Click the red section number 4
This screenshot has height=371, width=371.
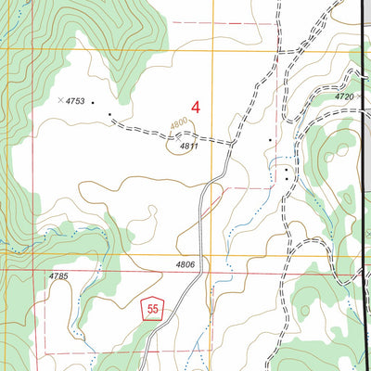tap(196, 107)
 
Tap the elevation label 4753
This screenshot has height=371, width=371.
tap(75, 101)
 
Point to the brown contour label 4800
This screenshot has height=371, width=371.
tap(178, 122)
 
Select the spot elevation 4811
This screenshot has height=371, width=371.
tap(189, 146)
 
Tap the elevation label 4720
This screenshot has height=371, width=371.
tap(345, 96)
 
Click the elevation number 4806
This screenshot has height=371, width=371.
tap(185, 265)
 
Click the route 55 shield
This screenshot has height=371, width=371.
tap(153, 310)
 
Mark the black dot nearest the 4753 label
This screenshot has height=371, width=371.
tap(93, 102)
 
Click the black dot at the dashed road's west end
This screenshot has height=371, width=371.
tap(109, 115)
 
